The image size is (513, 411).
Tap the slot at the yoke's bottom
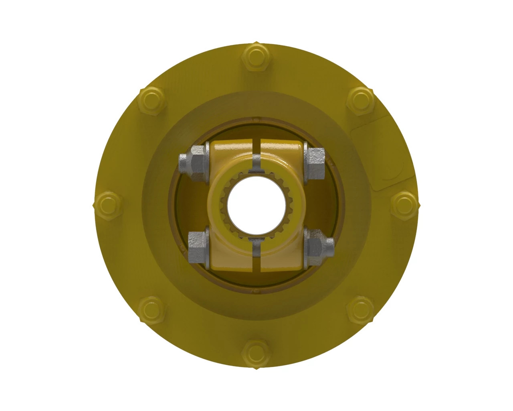click(256, 253)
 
